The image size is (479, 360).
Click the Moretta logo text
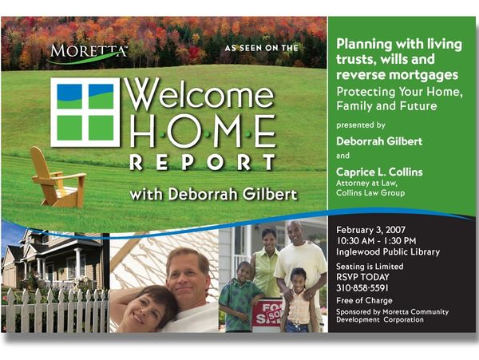[89, 50]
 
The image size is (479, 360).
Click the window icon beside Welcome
[85, 112]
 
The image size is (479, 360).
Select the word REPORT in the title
[203, 162]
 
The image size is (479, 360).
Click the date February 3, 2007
[371, 230]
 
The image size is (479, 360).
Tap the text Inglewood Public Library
[388, 252]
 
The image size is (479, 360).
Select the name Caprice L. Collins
[379, 172]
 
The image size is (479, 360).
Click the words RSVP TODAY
[362, 277]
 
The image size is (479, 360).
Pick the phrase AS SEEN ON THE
[262, 48]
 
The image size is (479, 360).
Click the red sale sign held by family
[267, 315]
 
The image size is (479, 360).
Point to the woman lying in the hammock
[144, 308]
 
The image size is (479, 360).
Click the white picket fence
[55, 311]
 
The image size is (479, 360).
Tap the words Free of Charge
[364, 300]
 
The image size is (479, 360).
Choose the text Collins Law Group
[370, 193]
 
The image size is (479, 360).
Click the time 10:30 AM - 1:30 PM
[376, 241]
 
